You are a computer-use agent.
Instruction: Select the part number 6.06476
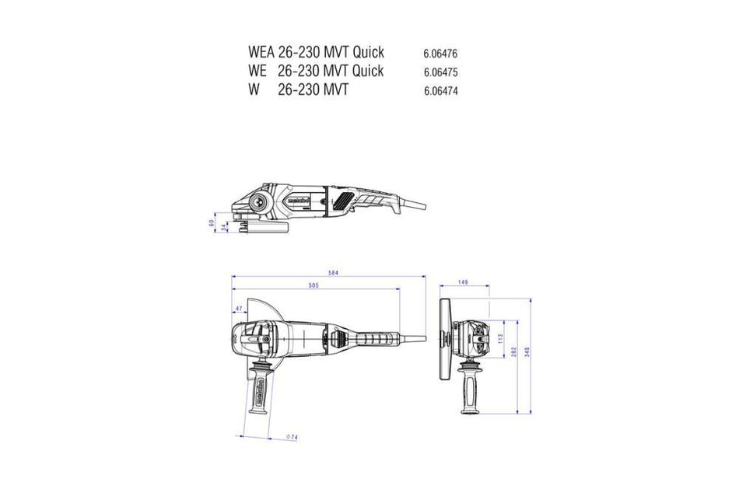pos(440,55)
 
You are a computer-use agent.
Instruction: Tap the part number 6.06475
pos(440,73)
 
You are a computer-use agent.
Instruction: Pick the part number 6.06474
pos(440,91)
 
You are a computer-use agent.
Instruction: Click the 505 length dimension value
pos(313,287)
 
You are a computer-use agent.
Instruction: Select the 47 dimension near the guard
pos(238,309)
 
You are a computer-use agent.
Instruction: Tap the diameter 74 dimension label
pos(292,439)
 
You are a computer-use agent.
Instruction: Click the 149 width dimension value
pos(462,283)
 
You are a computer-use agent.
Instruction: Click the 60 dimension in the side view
pos(211,223)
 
